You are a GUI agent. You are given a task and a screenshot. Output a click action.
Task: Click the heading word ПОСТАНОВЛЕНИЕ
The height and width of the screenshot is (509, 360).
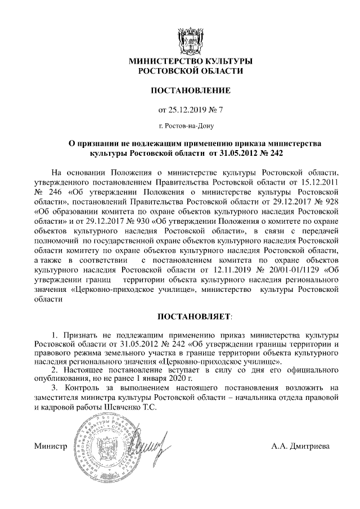pyautogui.click(x=190, y=90)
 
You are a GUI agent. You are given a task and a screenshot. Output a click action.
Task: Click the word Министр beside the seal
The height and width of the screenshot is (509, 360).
pyautogui.click(x=50, y=448)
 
